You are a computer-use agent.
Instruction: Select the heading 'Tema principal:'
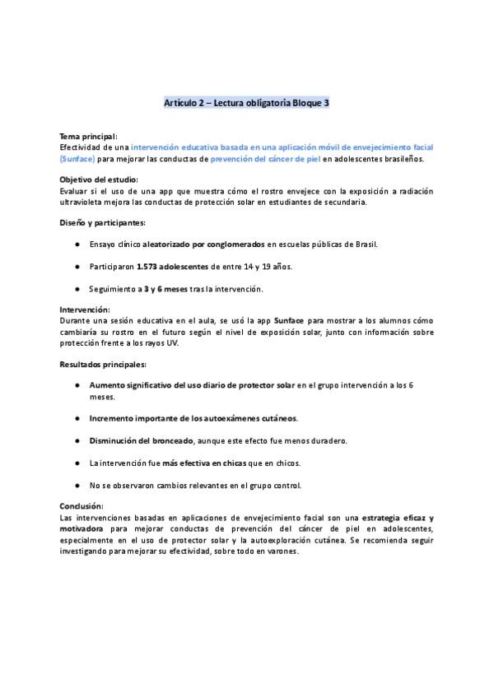(88, 135)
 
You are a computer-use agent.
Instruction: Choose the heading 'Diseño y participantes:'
(103, 222)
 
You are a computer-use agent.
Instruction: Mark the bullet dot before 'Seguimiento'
(77, 288)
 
